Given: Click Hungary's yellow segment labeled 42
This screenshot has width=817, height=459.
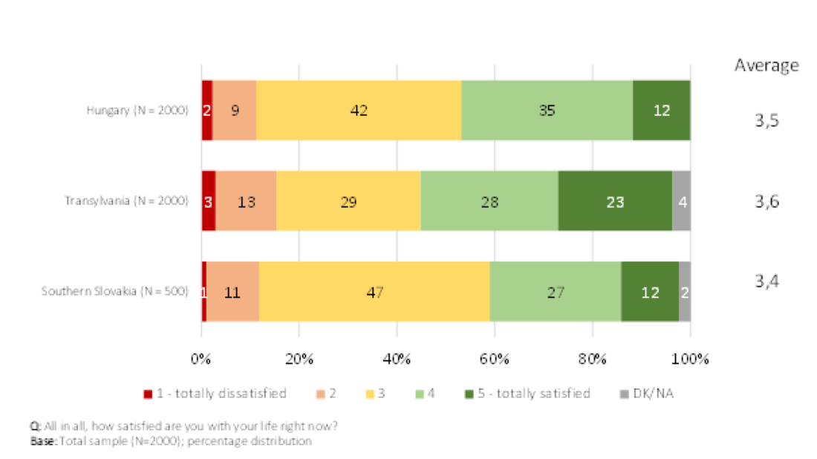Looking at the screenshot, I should pos(359,110).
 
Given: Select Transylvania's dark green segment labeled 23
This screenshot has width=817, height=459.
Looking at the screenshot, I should pos(615,201).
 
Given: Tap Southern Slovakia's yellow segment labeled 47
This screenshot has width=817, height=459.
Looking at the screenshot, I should pos(374,292).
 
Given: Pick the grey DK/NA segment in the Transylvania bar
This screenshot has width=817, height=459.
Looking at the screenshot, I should pos(681,201).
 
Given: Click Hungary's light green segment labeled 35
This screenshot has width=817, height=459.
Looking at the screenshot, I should pos(547,110).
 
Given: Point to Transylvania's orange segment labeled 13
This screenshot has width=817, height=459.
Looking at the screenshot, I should pos(247,201).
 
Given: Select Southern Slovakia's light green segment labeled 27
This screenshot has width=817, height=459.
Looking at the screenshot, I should pos(555,292).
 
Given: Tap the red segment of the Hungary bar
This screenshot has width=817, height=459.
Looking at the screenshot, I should pos(206,110).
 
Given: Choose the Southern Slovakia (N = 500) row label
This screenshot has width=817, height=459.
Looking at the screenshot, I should pos(114,291).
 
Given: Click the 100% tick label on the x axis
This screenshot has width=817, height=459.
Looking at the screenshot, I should pos(690,359).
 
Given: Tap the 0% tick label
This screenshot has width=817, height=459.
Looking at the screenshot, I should pos(201,359).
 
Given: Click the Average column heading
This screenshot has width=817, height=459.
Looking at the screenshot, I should pos(766,65).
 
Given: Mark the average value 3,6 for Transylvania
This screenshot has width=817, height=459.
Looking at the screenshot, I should pos(766,201).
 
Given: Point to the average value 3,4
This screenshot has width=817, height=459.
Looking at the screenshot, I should pos(766,281).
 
